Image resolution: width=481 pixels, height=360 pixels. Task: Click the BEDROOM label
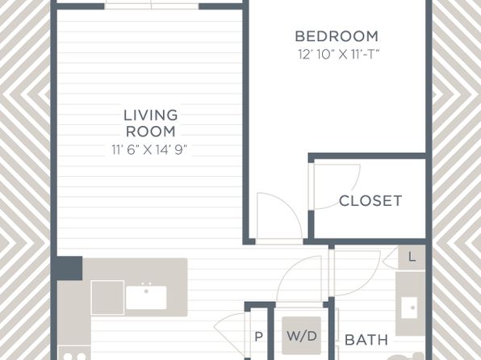click(337, 36)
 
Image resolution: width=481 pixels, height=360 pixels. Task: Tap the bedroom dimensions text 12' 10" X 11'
click(339, 55)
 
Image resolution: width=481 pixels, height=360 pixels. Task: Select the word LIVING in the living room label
click(151, 115)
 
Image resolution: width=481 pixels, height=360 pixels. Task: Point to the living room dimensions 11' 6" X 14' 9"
click(149, 150)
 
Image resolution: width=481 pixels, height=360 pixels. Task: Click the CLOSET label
click(370, 201)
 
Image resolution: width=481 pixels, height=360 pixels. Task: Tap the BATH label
click(366, 340)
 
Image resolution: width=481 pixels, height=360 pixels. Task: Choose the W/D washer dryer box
click(302, 336)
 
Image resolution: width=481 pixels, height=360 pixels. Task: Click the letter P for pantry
click(258, 337)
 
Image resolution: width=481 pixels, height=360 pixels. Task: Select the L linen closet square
click(412, 257)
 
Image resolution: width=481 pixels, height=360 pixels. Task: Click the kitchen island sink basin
click(146, 297)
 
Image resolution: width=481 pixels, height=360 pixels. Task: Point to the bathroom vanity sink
click(409, 308)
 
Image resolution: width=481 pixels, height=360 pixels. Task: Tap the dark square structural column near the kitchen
click(69, 268)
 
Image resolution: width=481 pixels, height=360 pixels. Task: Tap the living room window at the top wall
click(152, 6)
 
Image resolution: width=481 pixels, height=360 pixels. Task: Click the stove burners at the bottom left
click(74, 354)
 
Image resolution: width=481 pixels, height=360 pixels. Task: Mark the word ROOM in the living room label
click(151, 132)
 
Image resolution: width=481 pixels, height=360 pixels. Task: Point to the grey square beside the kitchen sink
click(107, 297)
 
